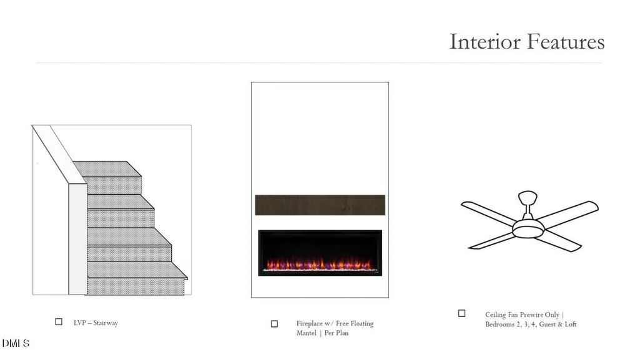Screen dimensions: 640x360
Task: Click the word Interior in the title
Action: (x=485, y=42)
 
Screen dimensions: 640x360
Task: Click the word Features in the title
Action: (x=566, y=42)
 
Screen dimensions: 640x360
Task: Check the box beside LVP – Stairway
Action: (x=59, y=322)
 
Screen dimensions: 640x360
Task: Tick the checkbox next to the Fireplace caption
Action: (x=274, y=324)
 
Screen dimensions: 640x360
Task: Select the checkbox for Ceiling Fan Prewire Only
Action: (x=461, y=313)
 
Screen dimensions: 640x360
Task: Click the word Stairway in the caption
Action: (x=106, y=323)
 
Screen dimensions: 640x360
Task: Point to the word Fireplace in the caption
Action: (x=310, y=323)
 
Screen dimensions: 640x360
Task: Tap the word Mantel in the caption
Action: (x=307, y=333)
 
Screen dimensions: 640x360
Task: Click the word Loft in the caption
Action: (x=571, y=324)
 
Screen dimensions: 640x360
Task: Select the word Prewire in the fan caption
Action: (x=531, y=314)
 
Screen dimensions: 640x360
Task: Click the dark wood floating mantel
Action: (x=320, y=205)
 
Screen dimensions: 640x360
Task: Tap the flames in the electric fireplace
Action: (x=319, y=263)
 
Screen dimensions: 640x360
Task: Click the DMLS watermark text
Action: (x=16, y=343)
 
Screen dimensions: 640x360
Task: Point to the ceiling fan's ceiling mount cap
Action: (x=528, y=198)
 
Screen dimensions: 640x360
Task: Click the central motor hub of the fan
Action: (x=529, y=229)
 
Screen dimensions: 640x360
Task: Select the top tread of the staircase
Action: (x=107, y=169)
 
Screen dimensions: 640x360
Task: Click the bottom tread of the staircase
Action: (x=137, y=270)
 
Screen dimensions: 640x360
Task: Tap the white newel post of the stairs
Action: (x=77, y=239)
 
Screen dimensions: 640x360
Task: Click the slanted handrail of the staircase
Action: (x=59, y=154)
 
